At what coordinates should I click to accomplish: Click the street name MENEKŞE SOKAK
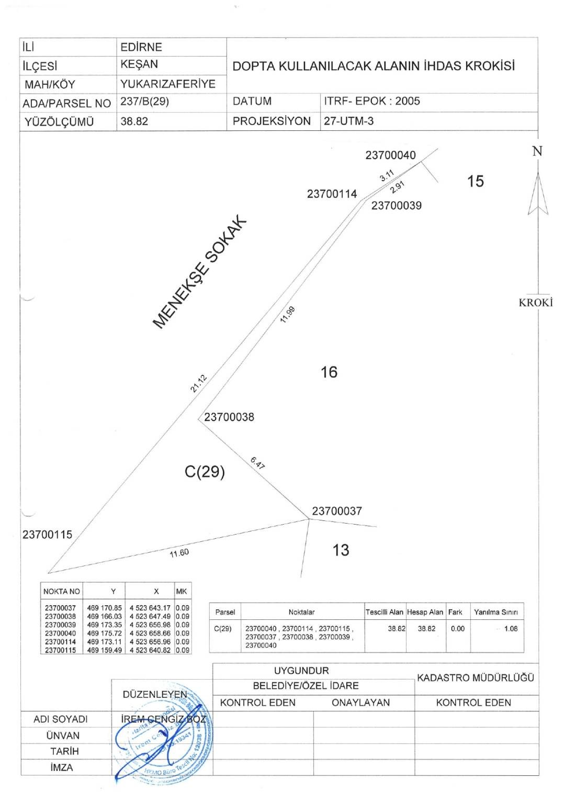[x=199, y=272]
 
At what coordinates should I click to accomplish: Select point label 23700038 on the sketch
[x=229, y=417]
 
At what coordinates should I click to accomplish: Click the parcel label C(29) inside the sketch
[x=205, y=472]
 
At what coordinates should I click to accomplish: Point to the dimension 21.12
[x=199, y=383]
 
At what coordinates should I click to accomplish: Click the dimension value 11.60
[x=179, y=553]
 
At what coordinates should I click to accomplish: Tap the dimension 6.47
[x=257, y=463]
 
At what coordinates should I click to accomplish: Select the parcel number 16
[x=329, y=372]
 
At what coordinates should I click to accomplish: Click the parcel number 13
[x=341, y=550]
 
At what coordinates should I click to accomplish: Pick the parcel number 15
[x=475, y=181]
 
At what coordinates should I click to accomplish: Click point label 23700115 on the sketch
[x=47, y=535]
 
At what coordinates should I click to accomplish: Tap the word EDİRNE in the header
[x=141, y=47]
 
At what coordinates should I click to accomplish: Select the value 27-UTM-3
[x=348, y=121]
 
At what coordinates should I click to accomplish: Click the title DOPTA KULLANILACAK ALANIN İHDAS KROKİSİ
[x=374, y=66]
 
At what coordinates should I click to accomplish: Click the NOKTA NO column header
[x=62, y=591]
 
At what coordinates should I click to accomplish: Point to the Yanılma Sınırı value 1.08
[x=511, y=628]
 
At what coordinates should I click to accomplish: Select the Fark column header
[x=455, y=612]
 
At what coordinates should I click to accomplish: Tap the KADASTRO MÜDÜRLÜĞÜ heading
[x=475, y=677]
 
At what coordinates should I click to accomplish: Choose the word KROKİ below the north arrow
[x=536, y=303]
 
